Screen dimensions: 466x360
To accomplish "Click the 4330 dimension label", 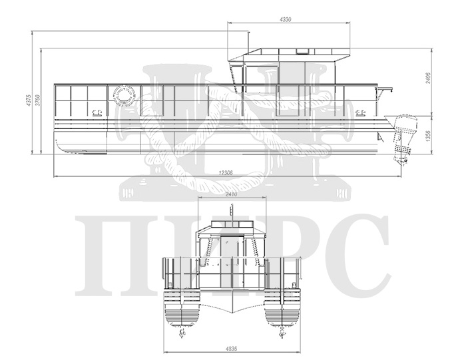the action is point(286,19).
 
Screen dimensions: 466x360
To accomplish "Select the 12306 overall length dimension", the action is point(226,173).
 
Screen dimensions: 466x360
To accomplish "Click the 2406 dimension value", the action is point(428,78).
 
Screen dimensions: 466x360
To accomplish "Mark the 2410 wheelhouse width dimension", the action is point(231,194).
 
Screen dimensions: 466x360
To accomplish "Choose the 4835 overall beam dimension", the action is point(232,349).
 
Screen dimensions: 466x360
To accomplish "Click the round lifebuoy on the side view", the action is point(123,94).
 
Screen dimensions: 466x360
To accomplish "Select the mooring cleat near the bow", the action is point(95,112).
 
